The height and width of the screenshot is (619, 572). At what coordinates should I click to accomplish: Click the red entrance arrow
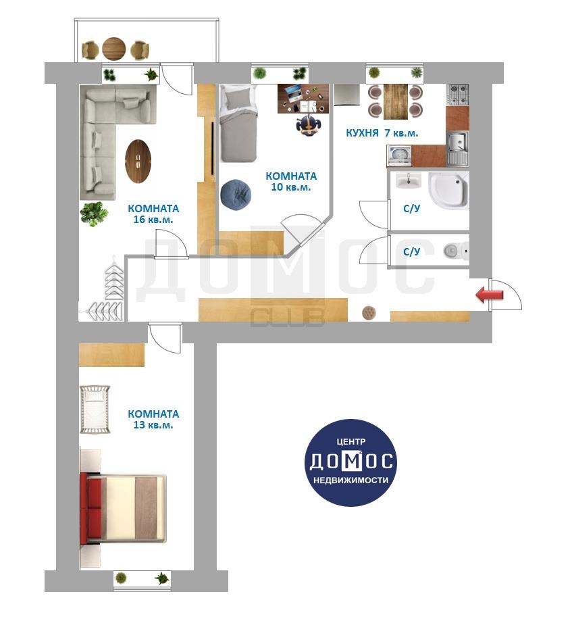coord(490,295)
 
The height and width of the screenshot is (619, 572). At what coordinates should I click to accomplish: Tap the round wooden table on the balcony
coord(113,49)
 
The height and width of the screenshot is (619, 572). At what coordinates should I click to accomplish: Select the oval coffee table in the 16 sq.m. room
coord(138,161)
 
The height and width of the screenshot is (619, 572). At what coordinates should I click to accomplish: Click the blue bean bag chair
coord(236,195)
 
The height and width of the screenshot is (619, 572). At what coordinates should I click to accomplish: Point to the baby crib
coord(95,410)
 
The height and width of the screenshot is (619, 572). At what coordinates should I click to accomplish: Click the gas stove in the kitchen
coord(458,95)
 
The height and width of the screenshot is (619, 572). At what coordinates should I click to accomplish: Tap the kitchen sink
coord(458,148)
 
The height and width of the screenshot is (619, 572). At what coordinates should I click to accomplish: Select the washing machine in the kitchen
coord(399,156)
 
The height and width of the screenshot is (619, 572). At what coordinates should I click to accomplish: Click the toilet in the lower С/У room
coord(457,250)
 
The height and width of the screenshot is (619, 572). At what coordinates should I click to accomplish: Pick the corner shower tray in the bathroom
coord(449,191)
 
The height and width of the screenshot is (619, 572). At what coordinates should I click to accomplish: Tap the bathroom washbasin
coord(409,181)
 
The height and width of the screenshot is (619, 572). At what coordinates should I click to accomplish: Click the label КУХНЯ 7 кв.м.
coord(382,133)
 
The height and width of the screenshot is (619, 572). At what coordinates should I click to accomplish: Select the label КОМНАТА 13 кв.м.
coord(153,419)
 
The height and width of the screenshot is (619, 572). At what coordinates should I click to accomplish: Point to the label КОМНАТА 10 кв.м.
coord(291,181)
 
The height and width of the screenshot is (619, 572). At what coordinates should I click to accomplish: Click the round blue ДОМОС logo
coord(350,463)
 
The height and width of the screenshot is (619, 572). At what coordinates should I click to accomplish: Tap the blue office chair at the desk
coord(308,125)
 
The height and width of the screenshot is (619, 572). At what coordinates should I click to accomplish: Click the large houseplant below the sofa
coord(94,214)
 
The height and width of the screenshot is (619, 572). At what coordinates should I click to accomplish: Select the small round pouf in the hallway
coord(369,313)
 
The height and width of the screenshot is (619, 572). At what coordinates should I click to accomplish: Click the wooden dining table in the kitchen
coord(396,101)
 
